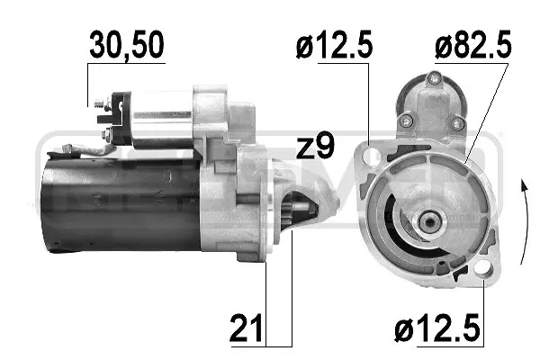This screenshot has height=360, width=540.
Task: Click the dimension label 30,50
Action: tap(126, 45)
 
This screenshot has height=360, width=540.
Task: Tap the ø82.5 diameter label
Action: tap(472, 45)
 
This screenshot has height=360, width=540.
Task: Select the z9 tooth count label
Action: tap(315, 146)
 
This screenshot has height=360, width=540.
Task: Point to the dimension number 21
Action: tap(246, 328)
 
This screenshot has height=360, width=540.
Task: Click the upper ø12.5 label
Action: tap(334, 45)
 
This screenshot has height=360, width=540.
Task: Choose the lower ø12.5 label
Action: tap(436, 328)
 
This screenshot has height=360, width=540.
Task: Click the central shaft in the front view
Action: tap(430, 222)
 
